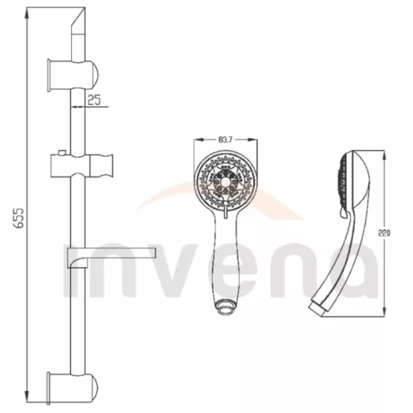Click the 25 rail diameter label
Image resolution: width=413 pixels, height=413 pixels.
[94, 100]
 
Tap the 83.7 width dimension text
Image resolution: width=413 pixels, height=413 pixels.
[225, 140]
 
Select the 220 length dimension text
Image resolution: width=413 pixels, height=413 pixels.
[384, 233]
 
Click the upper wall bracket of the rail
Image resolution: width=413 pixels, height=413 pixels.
[73, 75]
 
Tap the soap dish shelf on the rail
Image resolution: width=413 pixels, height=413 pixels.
[111, 257]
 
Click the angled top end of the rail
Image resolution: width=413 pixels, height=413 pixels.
[78, 20]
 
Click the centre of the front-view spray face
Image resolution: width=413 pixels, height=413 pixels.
[226, 181]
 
